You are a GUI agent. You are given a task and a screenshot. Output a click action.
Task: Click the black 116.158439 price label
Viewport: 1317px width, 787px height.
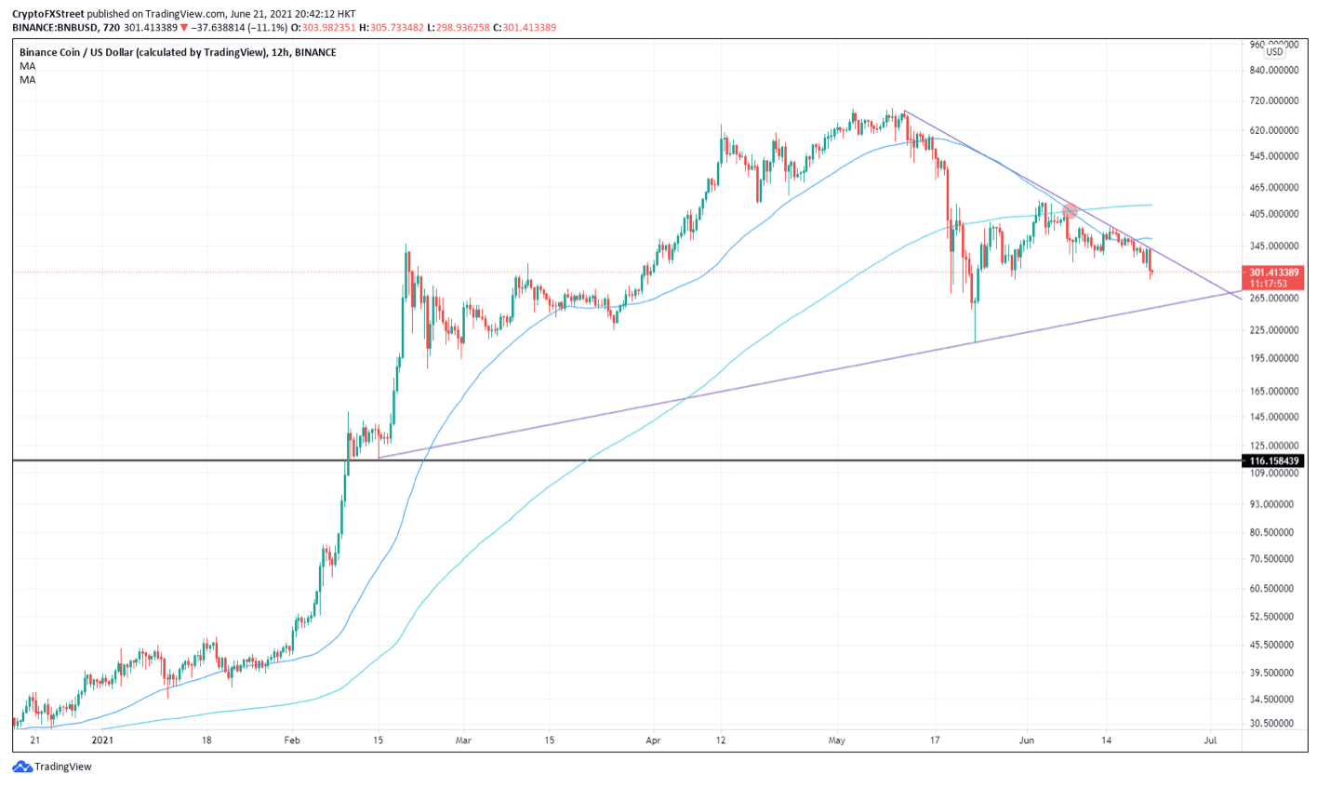point(1274,460)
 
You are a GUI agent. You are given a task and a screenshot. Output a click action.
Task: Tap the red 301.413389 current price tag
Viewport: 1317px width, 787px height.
point(1274,273)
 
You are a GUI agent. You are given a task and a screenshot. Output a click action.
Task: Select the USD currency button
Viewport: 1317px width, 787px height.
point(1273,52)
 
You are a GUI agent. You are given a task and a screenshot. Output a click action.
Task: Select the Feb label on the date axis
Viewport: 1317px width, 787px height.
point(292,740)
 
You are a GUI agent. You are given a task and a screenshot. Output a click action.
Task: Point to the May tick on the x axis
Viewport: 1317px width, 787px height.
point(837,740)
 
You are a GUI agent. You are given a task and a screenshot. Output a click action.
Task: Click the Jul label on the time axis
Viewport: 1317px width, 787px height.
point(1211,740)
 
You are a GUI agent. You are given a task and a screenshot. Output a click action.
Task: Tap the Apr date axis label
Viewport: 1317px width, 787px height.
point(653,740)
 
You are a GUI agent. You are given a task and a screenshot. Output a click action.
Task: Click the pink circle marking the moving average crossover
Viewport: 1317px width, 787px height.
point(1070,212)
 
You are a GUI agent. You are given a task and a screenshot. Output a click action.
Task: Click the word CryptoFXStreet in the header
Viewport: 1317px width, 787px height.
point(48,14)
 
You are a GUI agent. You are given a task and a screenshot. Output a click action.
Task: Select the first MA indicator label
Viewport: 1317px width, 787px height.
point(28,66)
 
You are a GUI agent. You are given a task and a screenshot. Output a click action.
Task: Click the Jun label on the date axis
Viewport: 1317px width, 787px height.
point(1027,740)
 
